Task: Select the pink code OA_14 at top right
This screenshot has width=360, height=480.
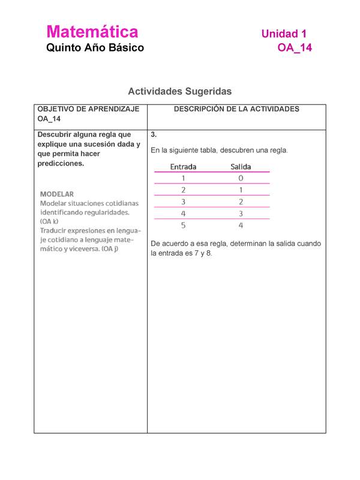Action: click(x=294, y=48)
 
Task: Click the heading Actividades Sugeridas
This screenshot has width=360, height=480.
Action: click(x=179, y=91)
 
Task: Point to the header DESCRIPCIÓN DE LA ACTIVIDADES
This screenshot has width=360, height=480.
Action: click(x=236, y=109)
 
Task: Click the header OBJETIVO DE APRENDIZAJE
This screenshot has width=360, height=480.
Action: click(x=88, y=109)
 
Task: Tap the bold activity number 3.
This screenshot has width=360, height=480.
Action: click(x=154, y=134)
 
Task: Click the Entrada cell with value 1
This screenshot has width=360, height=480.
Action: click(x=183, y=178)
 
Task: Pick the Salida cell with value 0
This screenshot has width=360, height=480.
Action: click(x=241, y=178)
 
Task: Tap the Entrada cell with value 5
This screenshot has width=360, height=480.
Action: click(x=183, y=226)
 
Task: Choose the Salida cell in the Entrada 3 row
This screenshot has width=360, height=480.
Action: click(x=241, y=202)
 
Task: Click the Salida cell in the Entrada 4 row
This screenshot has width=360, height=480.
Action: click(x=241, y=214)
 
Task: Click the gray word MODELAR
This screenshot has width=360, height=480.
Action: click(x=57, y=194)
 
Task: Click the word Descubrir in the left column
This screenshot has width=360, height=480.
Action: click(x=55, y=134)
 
